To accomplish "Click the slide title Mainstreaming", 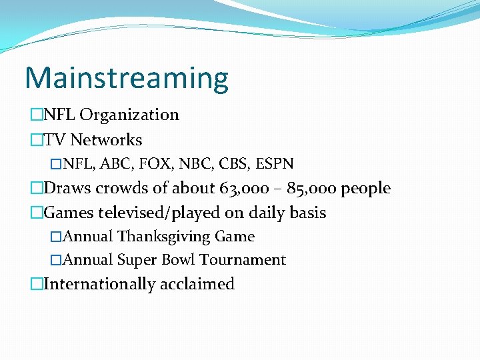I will click(126, 79).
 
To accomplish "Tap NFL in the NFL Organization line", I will click(59, 115).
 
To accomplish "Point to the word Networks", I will click(106, 140).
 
